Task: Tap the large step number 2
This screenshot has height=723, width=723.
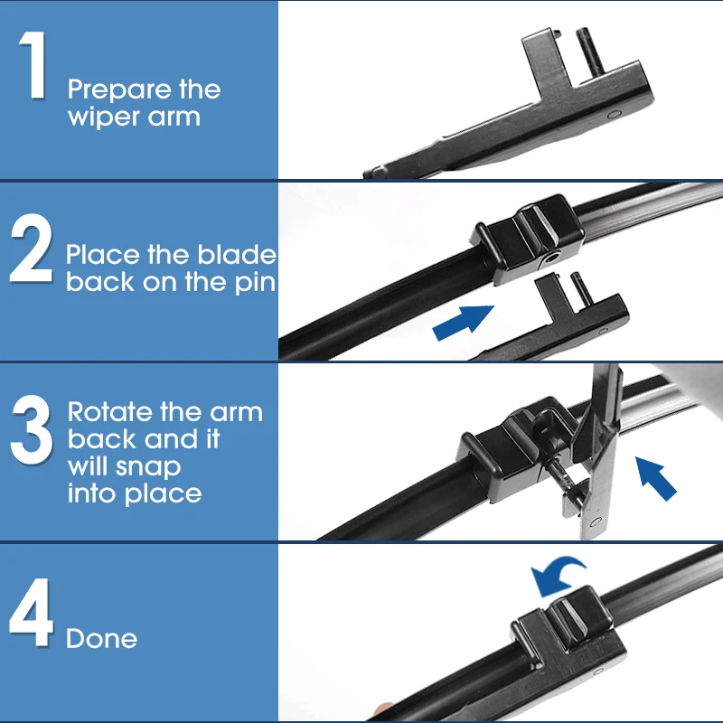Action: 31,248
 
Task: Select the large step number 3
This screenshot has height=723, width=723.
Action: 32,430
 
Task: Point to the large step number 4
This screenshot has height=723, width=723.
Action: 31,613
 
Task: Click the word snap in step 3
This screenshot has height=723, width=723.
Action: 148,467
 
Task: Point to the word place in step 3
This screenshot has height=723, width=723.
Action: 163,494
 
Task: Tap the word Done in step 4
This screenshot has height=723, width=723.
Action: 101,639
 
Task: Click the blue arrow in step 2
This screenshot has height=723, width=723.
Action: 463,323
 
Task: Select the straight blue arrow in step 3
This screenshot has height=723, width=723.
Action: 656,478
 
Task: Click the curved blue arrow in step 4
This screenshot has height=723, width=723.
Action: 557,577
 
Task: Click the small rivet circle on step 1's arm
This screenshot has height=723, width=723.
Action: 614,114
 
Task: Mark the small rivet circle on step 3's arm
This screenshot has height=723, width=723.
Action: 596,522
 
